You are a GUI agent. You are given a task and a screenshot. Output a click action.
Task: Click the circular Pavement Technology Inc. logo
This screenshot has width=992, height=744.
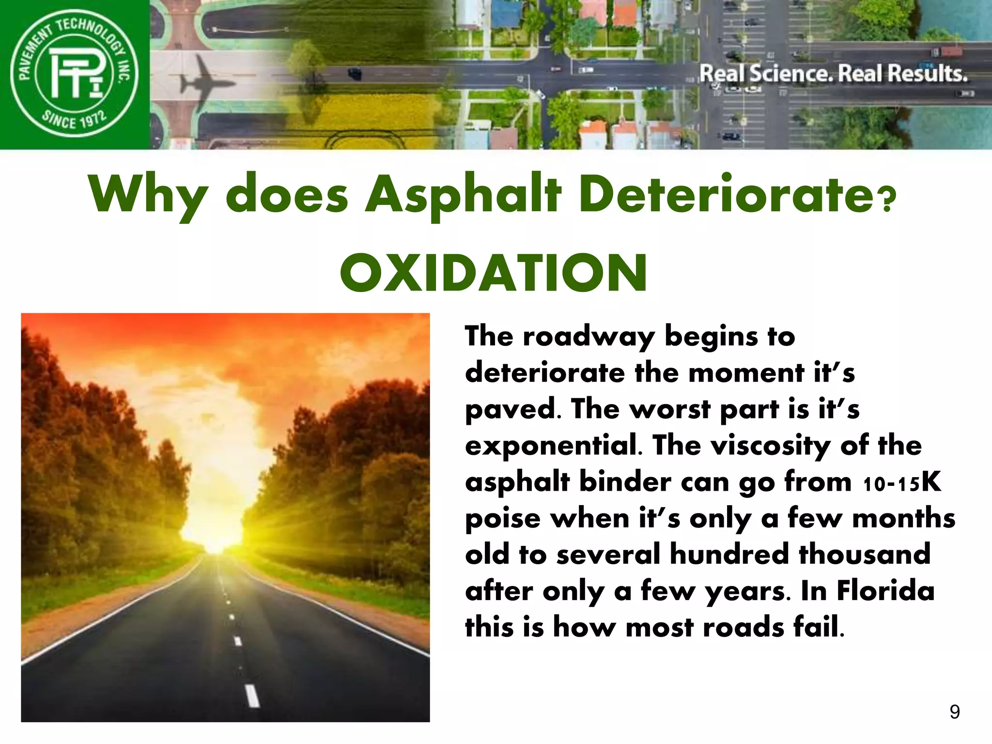[75, 74]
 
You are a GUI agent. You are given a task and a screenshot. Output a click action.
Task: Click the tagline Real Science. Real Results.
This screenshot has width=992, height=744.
[833, 74]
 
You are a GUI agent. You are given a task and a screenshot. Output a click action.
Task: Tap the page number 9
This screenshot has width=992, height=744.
[954, 712]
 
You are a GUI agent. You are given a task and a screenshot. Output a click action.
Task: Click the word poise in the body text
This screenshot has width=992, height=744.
[502, 519]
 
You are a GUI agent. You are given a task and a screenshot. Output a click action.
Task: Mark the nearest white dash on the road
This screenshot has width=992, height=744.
[252, 696]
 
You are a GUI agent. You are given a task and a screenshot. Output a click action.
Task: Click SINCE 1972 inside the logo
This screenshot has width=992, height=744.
[74, 119]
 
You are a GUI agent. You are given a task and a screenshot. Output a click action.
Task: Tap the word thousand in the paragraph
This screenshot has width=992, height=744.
[865, 555]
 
